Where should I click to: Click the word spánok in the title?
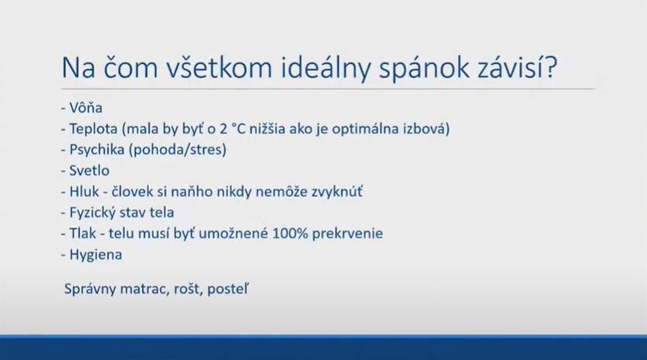[x=424, y=68]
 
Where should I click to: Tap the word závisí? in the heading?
[x=518, y=67]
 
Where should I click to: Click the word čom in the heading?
[x=131, y=67]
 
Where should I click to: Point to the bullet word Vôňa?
[x=86, y=108]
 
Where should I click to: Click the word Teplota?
[x=93, y=129]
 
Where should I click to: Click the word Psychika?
[x=96, y=150]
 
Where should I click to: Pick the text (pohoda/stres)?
[x=178, y=150]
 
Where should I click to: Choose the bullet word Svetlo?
[x=89, y=171]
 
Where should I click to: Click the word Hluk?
[x=85, y=192]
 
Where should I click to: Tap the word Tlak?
[x=82, y=234]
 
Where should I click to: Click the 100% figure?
[x=290, y=234]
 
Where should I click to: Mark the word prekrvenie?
[x=348, y=234]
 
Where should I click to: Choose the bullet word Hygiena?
[x=95, y=254]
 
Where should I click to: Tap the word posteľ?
[x=228, y=289]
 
